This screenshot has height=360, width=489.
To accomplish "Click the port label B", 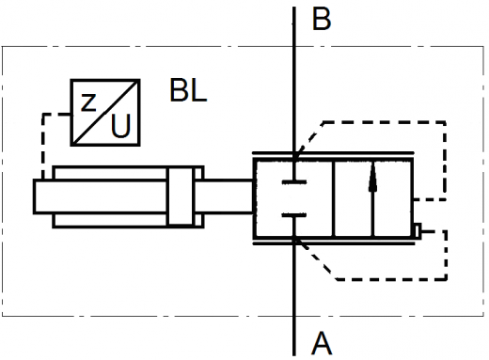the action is click(322, 19).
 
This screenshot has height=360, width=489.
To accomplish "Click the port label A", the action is click(322, 343).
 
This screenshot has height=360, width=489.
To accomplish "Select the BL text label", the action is click(188, 90).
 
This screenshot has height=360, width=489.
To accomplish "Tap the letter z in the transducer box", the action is click(88, 102).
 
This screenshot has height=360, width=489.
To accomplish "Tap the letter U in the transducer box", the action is click(120, 126).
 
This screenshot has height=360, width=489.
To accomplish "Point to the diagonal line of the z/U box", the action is click(105, 113).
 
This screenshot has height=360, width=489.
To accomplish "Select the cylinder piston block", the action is click(181, 196).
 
